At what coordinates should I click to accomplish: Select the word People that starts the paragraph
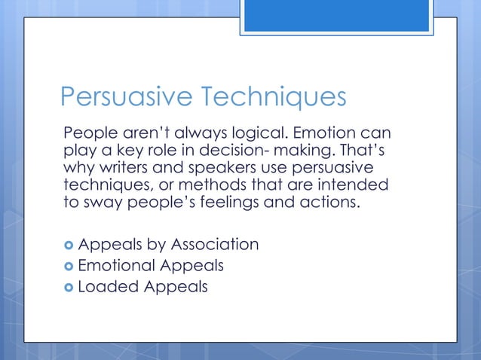[x=88, y=134]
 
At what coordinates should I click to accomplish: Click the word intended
[x=359, y=185]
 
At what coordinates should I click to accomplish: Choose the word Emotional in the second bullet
[x=118, y=266]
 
